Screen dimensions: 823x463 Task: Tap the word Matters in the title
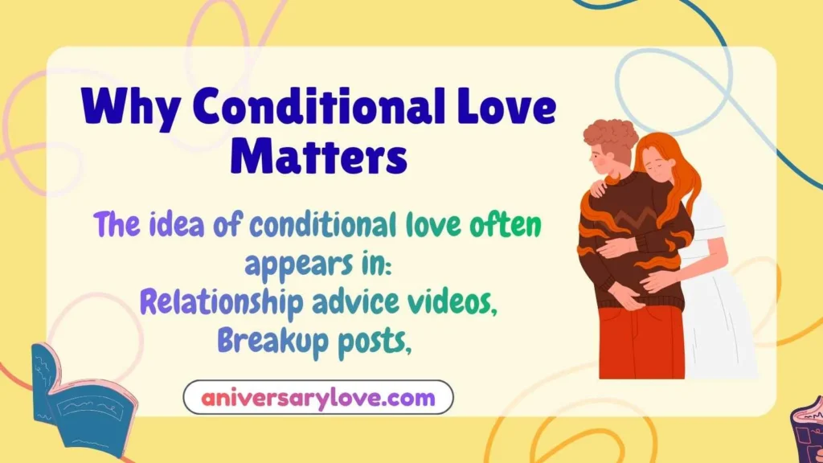pos(318,156)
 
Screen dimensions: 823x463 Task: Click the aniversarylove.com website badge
pos(318,397)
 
